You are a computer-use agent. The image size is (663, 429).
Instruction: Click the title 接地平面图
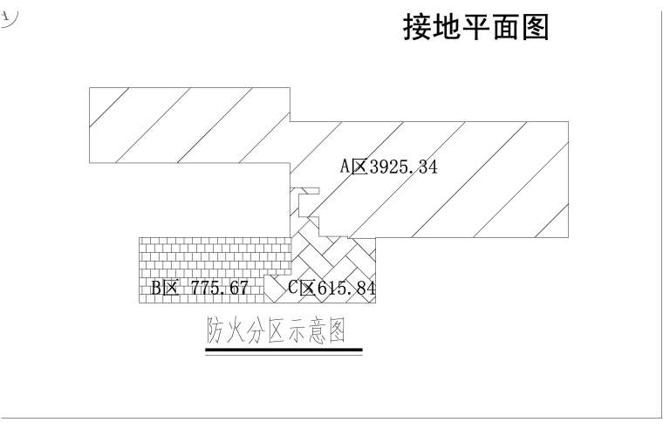pos(475,27)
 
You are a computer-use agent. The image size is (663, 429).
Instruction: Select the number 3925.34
pos(403,167)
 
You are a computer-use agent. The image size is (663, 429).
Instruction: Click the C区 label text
pos(302,288)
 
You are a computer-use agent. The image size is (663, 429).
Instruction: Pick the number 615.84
pos(347,288)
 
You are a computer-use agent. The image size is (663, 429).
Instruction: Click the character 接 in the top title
pos(417,27)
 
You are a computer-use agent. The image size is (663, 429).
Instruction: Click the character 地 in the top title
pos(446,27)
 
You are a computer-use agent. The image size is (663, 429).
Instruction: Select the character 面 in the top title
pos(505,27)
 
